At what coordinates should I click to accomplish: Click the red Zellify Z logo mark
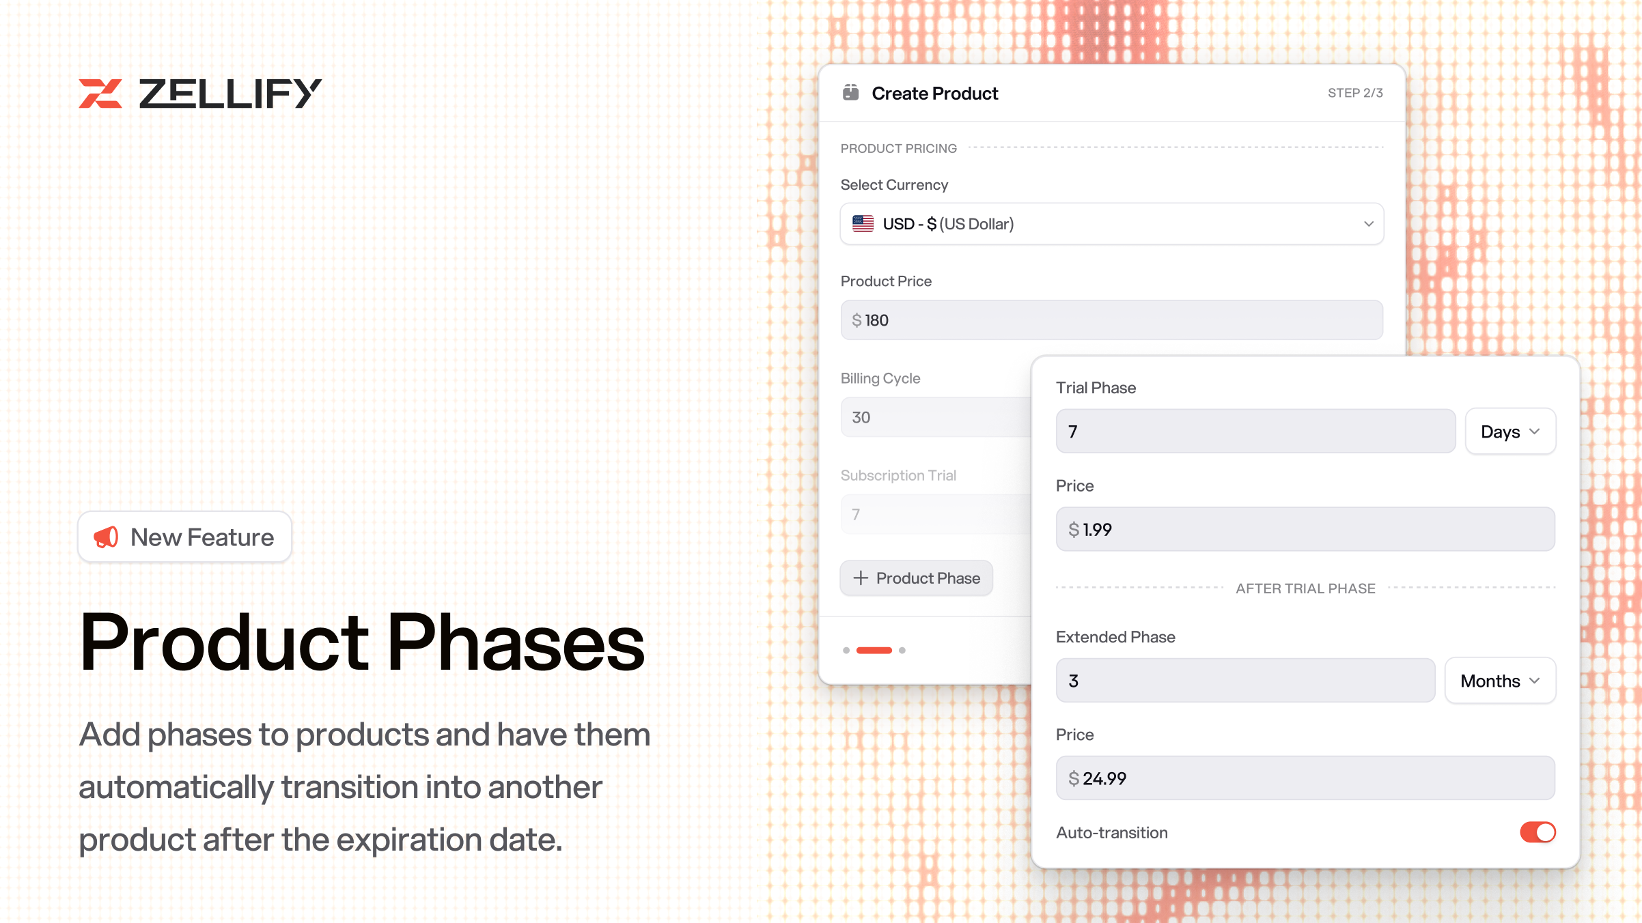click(100, 94)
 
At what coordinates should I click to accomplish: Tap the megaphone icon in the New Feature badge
click(106, 537)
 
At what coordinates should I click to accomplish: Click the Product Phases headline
click(362, 642)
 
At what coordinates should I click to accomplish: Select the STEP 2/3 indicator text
click(1355, 93)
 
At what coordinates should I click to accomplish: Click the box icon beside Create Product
click(850, 92)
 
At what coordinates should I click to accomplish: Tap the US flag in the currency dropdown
click(863, 223)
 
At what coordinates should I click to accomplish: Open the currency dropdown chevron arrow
click(1368, 224)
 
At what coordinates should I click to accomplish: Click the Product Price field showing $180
click(1112, 320)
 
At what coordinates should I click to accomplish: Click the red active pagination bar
click(874, 651)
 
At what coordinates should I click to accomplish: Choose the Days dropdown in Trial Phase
click(1510, 431)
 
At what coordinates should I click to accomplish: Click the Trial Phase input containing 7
click(1255, 431)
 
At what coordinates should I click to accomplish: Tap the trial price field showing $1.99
click(1305, 529)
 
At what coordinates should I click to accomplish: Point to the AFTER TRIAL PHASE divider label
click(1305, 588)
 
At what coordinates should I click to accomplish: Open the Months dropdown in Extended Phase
click(1500, 681)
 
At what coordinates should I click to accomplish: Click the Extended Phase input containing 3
click(1245, 681)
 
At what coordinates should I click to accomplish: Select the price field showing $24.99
click(1305, 778)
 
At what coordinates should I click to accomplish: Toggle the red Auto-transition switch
click(1537, 832)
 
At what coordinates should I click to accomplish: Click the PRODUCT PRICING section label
click(898, 148)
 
